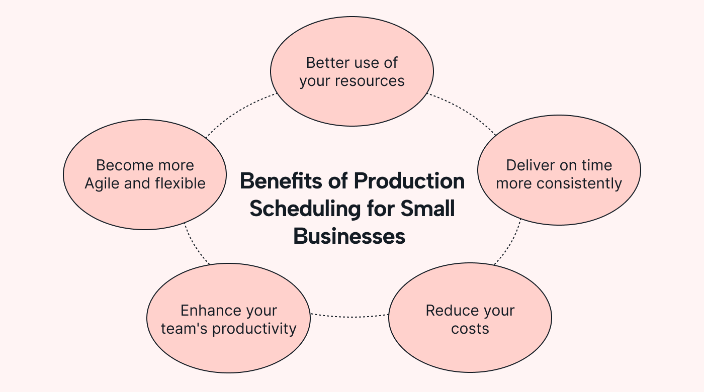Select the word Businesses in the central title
[x=349, y=236]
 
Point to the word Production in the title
[x=409, y=181]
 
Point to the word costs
[x=470, y=329]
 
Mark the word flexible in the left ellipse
[x=180, y=183]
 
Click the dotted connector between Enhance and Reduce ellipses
[x=349, y=317]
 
